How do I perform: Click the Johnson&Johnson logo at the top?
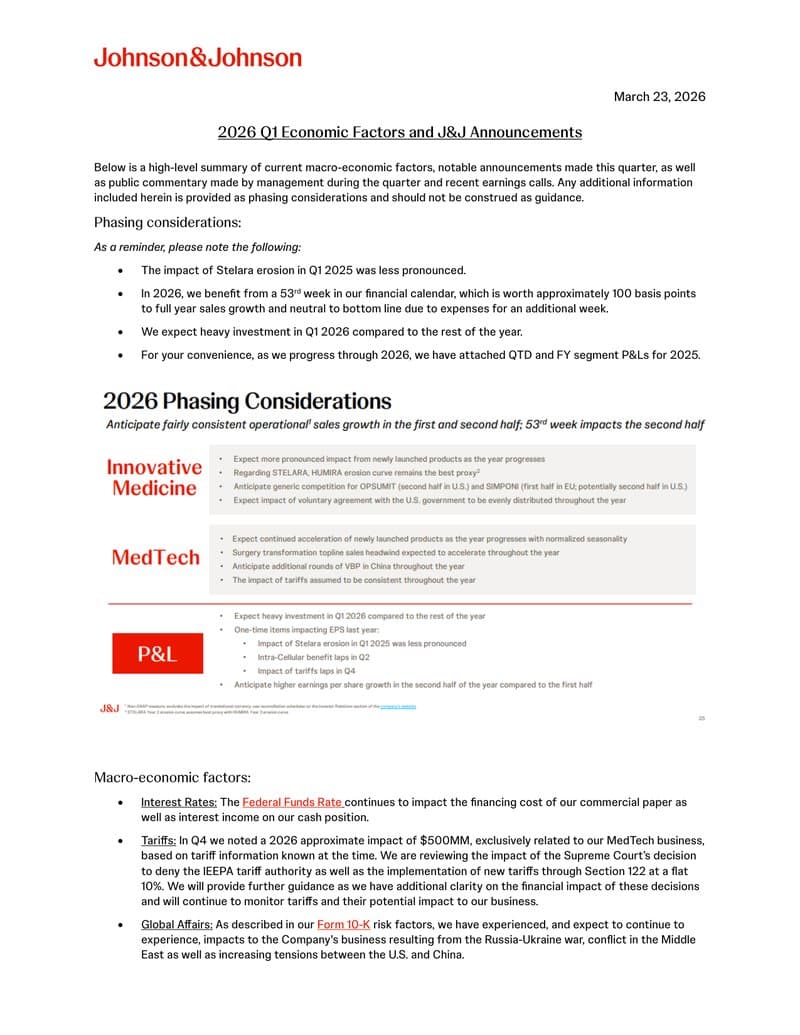198,57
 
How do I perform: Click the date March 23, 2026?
659,97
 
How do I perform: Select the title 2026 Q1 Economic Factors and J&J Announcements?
400,132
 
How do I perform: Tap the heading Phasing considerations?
167,222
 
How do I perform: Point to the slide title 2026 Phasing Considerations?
247,401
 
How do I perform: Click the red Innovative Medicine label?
154,477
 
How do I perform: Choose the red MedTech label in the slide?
155,557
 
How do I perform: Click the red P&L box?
157,654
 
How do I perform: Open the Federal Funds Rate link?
292,802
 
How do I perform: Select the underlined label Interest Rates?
178,802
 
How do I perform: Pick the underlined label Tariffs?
158,839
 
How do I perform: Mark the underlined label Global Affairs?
176,925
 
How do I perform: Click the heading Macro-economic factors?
172,777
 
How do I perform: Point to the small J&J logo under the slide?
109,707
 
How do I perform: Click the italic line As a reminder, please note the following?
197,247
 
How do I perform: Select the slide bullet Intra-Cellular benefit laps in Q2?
313,657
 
